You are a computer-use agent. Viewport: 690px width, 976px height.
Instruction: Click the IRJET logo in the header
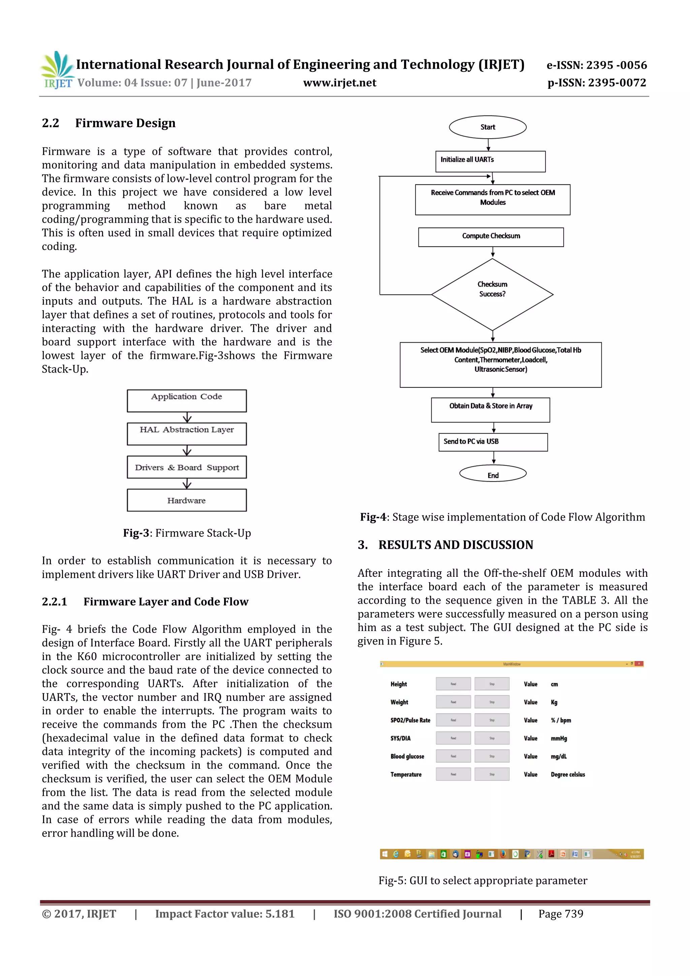(57, 70)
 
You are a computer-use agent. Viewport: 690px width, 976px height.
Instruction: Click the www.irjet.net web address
(339, 83)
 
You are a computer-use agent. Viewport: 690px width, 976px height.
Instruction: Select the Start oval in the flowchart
(487, 127)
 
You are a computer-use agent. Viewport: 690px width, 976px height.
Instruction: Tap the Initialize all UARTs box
(490, 161)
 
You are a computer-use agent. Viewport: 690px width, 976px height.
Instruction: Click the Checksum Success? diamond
(492, 294)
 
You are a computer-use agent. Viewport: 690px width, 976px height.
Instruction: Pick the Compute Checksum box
(491, 237)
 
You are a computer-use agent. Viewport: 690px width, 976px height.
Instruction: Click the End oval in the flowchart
(492, 474)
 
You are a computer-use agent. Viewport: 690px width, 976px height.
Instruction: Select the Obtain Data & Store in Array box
(490, 409)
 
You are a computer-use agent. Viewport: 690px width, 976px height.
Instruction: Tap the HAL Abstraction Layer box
(187, 433)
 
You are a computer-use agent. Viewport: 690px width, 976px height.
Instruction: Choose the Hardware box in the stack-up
(187, 500)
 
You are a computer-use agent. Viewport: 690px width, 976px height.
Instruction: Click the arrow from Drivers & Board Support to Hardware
(187, 484)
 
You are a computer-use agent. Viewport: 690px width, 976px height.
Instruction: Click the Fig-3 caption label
(136, 533)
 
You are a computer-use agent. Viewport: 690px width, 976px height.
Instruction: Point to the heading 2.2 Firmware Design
(108, 123)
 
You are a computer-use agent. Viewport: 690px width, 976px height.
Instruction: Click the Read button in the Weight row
(453, 702)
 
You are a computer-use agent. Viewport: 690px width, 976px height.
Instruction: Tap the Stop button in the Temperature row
(492, 774)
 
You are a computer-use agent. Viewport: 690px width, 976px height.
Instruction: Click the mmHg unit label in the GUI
(559, 738)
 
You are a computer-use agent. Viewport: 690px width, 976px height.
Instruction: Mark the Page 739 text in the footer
(560, 914)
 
